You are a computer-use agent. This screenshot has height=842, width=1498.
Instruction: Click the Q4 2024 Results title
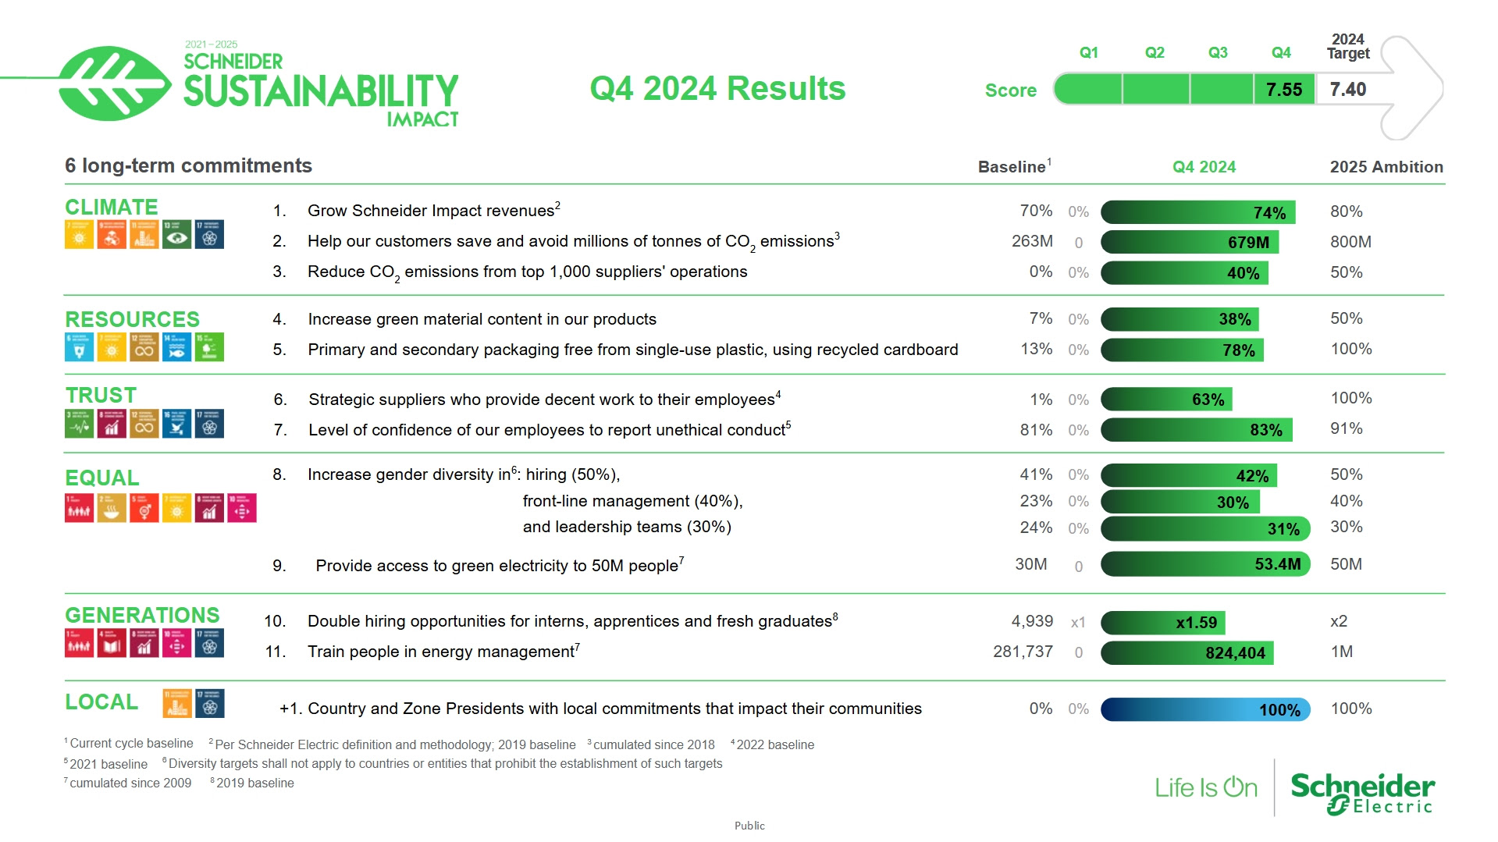coord(717,88)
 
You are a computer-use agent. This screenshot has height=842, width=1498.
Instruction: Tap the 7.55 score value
coord(1284,90)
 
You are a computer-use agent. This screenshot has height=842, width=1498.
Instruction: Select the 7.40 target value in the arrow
coord(1348,90)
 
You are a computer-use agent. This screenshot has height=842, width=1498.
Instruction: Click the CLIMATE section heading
coord(112,207)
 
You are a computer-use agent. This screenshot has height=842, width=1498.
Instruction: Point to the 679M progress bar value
coord(1248,243)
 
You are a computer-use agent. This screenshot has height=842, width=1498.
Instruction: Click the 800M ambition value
coord(1350,242)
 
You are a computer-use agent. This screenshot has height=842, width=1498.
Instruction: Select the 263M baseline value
coord(1032,241)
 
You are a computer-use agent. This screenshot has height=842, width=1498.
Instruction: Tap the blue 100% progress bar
coord(1205,709)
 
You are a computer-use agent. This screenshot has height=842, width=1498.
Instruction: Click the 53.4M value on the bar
coord(1277,564)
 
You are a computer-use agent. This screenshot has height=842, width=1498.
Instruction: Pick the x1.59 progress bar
coord(1163,623)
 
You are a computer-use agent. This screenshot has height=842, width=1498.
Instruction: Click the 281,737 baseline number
coord(1023,652)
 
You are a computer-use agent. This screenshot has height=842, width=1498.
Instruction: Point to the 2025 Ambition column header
coord(1386,167)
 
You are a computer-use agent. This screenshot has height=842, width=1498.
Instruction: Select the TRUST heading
coord(101,396)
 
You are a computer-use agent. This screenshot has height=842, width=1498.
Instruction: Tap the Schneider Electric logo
coord(1362,793)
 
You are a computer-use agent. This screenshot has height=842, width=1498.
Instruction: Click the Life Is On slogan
coord(1206,788)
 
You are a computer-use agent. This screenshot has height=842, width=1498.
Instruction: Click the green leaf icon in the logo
coord(113,83)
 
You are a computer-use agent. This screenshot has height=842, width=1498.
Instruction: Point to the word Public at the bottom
coord(749,826)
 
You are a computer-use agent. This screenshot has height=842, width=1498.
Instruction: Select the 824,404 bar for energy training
coord(1187,653)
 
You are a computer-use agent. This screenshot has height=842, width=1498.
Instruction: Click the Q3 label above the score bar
coord(1218,52)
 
